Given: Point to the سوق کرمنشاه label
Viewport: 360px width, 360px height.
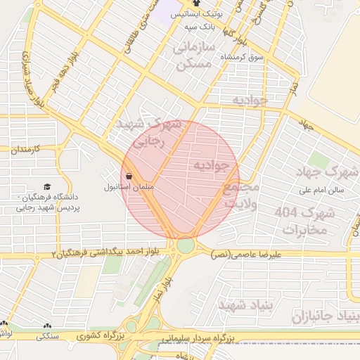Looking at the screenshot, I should pos(242,56).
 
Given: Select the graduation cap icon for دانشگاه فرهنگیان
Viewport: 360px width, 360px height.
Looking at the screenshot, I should pos(47,187).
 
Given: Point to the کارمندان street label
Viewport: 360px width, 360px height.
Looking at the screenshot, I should pos(28,150).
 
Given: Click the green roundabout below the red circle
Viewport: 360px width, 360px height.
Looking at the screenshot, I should pos(186,245).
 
